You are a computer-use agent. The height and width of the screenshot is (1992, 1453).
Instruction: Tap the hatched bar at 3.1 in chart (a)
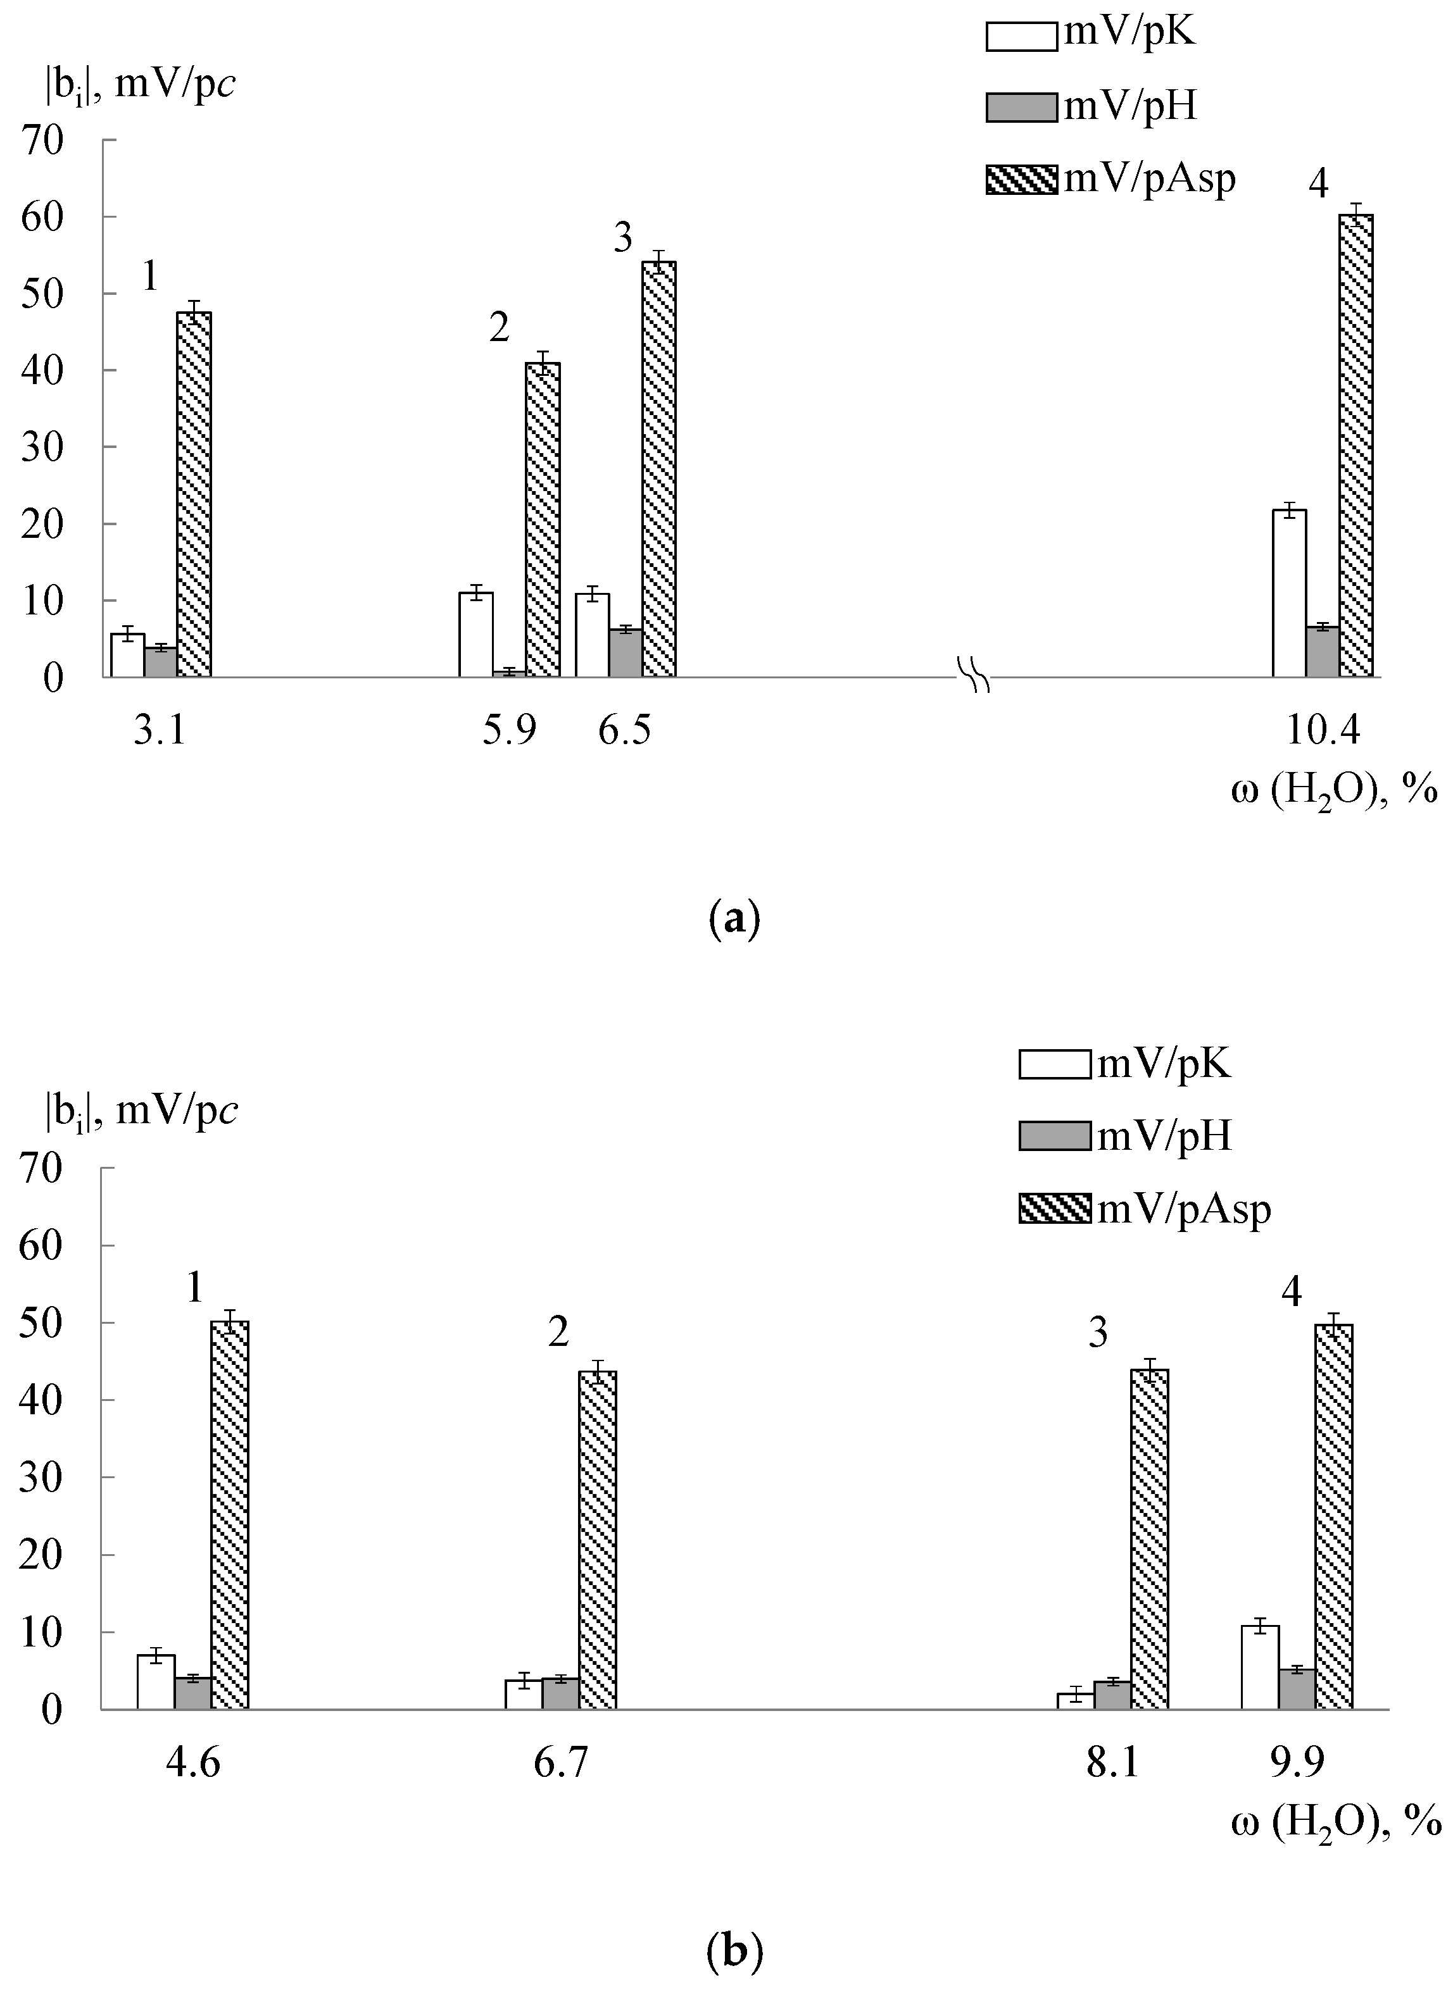tap(194, 494)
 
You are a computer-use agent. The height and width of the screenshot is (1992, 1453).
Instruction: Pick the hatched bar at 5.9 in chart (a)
tap(543, 520)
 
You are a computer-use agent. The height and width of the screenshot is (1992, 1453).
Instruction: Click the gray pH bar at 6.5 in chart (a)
tap(626, 653)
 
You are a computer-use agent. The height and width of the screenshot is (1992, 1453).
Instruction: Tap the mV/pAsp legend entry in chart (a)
tap(1110, 179)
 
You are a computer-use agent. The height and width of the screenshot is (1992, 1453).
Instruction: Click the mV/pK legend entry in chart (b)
tap(1125, 1064)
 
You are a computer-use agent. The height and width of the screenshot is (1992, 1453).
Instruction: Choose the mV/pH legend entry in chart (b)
tap(1125, 1136)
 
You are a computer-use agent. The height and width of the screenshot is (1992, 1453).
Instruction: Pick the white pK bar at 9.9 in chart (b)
tap(1259, 1667)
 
